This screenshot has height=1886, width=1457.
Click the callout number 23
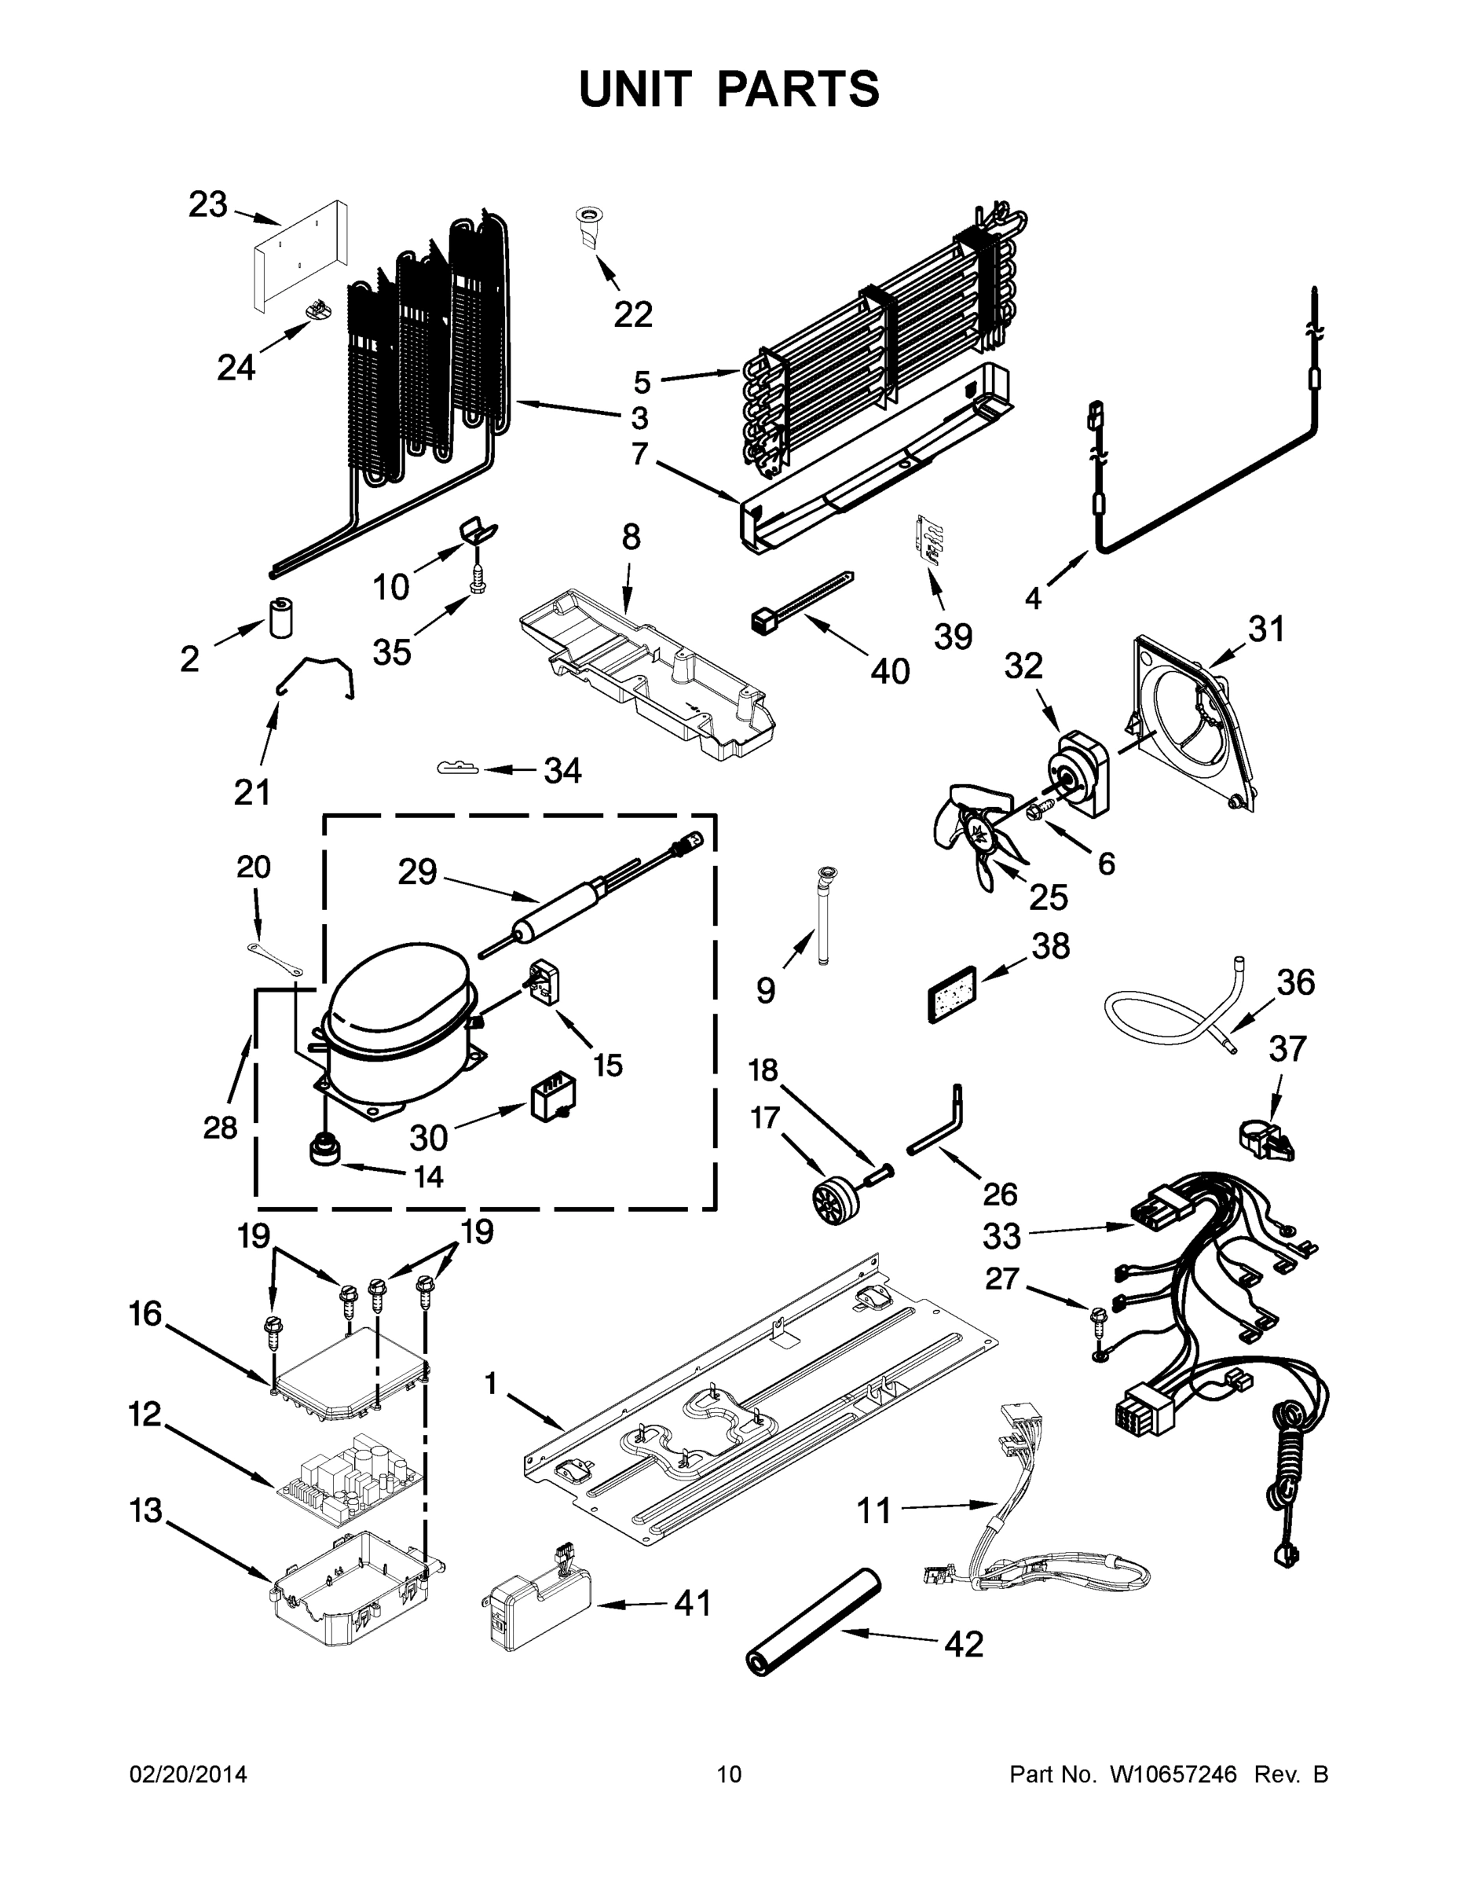pyautogui.click(x=208, y=206)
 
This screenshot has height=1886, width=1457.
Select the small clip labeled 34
pyautogui.click(x=457, y=767)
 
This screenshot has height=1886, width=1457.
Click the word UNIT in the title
pyautogui.click(x=635, y=90)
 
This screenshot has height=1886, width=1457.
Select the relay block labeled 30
pyautogui.click(x=552, y=1099)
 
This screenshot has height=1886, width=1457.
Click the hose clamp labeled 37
pyautogui.click(x=1265, y=1139)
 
